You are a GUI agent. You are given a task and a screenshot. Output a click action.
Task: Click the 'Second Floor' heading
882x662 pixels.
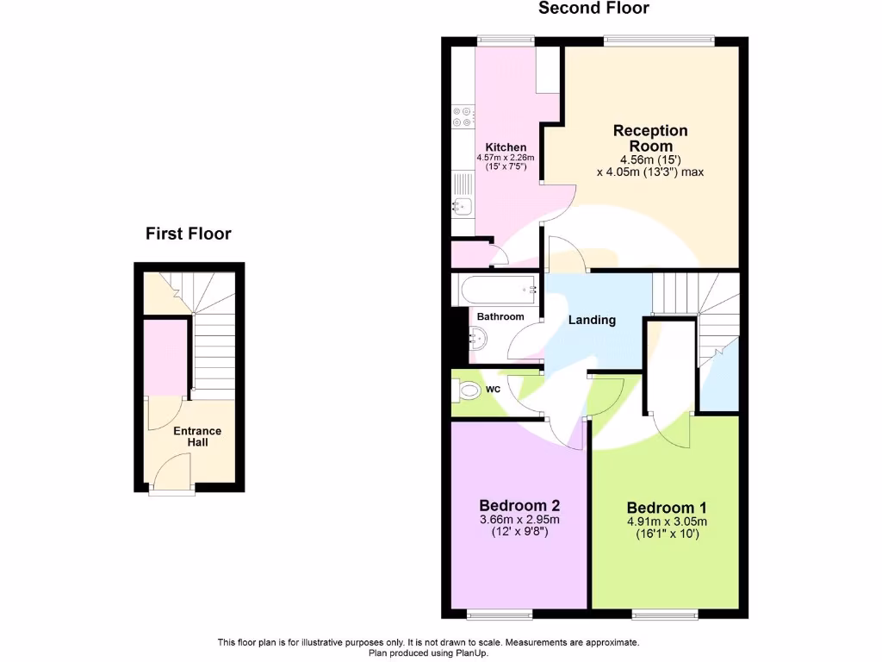tap(593, 9)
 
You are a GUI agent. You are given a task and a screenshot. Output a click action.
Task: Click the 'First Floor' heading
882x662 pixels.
tap(188, 234)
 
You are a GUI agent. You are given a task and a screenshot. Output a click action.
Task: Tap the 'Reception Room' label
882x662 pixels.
tap(650, 138)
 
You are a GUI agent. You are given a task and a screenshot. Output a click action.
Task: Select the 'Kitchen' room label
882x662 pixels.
tap(506, 147)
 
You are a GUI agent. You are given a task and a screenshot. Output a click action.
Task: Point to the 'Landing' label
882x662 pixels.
tap(592, 320)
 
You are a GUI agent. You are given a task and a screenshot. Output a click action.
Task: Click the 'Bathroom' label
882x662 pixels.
tap(500, 316)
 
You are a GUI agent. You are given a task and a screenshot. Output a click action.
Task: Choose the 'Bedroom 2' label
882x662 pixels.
tap(519, 505)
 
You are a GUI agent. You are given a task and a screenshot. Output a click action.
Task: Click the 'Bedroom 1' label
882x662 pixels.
tap(667, 508)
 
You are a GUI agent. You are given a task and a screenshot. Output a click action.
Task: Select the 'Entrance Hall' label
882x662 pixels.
tap(197, 436)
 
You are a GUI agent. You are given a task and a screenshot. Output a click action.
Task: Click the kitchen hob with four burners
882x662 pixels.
tap(462, 117)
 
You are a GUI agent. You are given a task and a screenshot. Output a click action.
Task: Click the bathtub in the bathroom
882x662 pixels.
tap(497, 290)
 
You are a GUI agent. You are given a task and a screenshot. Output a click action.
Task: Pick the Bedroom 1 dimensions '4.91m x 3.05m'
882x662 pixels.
tap(667, 521)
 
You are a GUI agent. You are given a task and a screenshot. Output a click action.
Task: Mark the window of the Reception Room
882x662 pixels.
tap(659, 39)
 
